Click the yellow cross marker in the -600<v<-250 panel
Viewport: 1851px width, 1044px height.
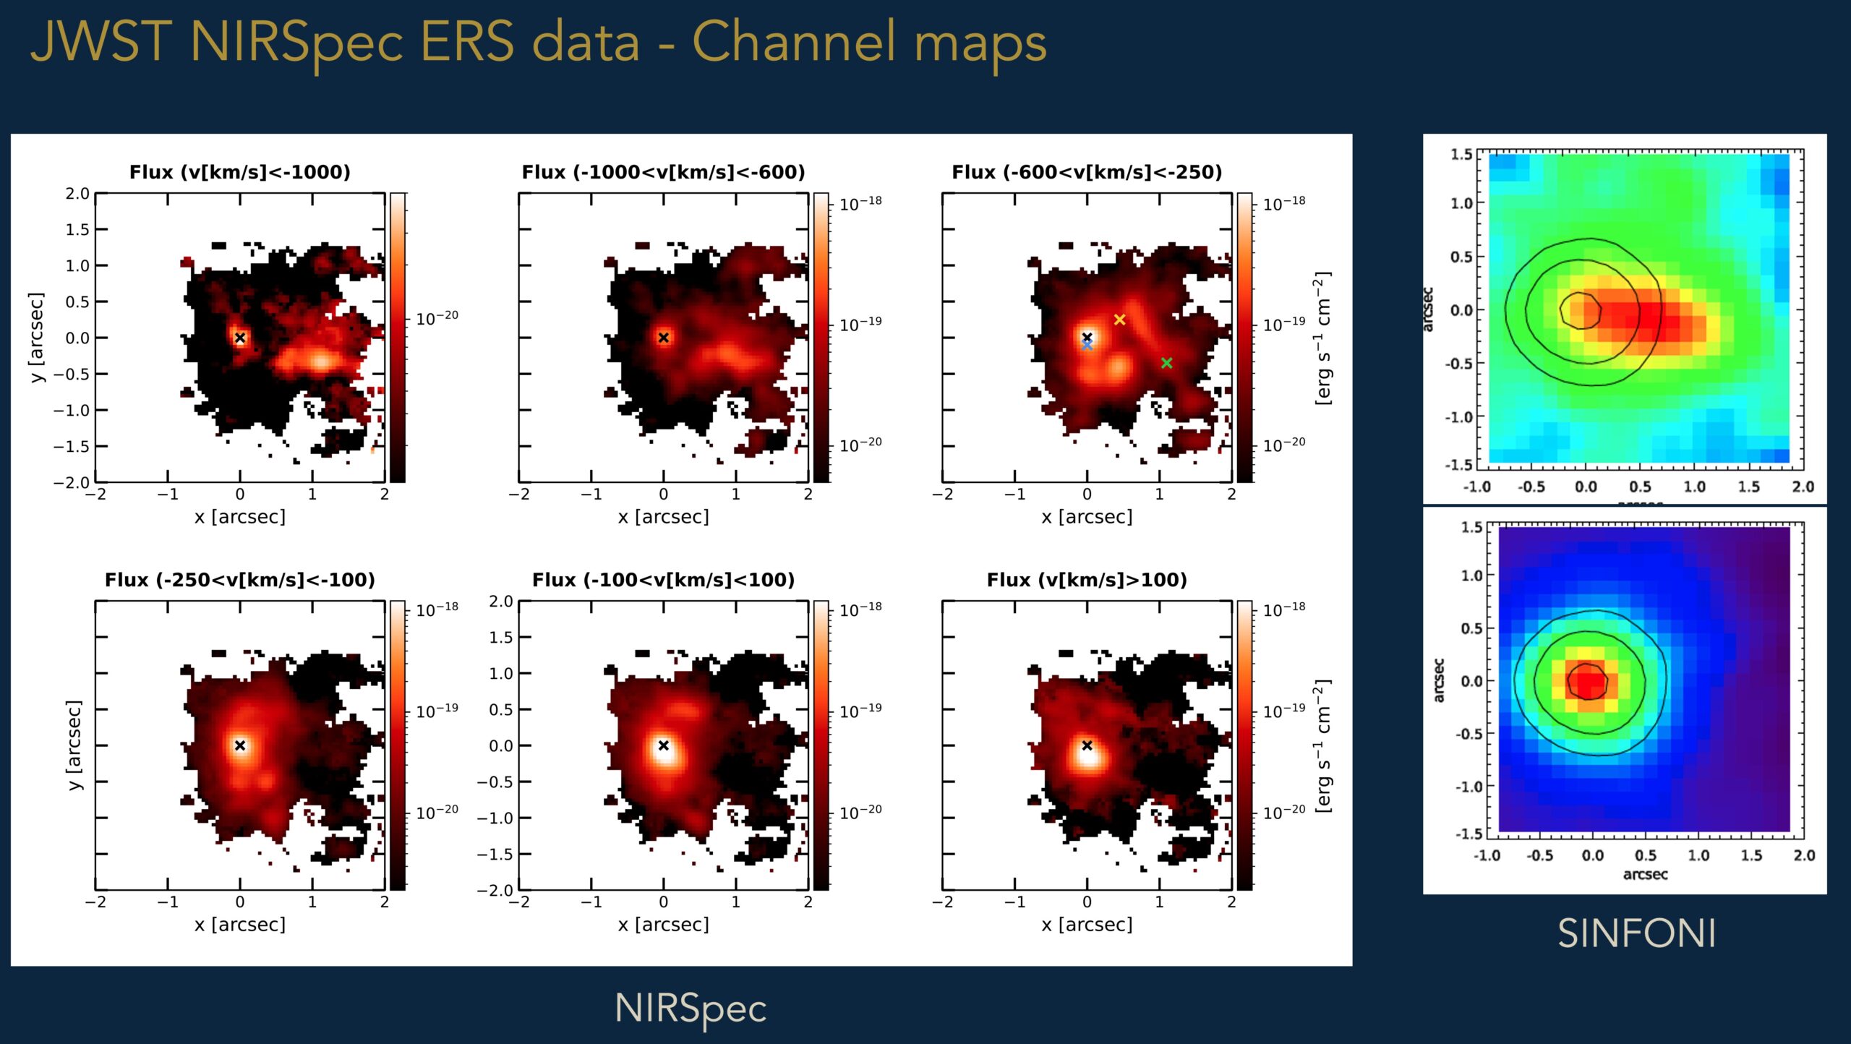[1119, 320]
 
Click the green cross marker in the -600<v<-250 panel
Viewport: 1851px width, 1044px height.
[1166, 363]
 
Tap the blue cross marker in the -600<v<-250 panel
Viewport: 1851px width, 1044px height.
[1087, 346]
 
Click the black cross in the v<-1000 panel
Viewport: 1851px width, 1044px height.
[240, 338]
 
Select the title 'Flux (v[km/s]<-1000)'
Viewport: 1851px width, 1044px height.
[239, 172]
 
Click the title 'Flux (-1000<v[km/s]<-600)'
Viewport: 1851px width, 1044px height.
[663, 172]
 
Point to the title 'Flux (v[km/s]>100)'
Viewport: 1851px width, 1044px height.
[1087, 580]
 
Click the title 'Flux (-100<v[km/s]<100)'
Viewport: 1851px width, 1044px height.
[663, 580]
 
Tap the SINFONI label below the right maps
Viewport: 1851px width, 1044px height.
[1636, 933]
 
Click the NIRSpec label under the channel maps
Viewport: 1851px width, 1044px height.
[690, 1008]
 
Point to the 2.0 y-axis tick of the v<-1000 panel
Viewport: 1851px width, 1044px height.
[77, 194]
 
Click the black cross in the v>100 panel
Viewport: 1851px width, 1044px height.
[1087, 745]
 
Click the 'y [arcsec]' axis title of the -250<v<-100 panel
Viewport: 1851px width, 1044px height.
[74, 745]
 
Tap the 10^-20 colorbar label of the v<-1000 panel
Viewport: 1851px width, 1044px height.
[437, 317]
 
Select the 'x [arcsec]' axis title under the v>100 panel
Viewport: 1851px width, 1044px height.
[1087, 925]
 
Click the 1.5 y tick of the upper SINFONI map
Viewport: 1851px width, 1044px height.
[1461, 154]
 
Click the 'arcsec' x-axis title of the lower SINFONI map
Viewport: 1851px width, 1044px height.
[1645, 874]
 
